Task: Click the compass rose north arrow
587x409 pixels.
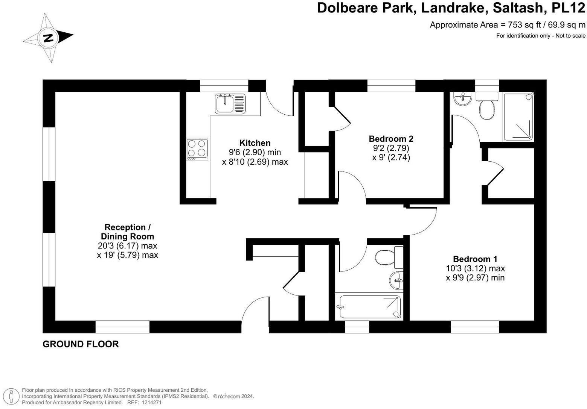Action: pyautogui.click(x=48, y=38)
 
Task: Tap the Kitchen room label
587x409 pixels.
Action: pyautogui.click(x=255, y=143)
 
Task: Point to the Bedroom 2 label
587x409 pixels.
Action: pyautogui.click(x=391, y=138)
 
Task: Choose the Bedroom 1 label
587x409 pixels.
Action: pyautogui.click(x=475, y=259)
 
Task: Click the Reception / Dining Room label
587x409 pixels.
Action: pyautogui.click(x=127, y=232)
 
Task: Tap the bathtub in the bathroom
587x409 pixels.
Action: pyautogui.click(x=370, y=306)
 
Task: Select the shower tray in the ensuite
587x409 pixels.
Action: pyautogui.click(x=518, y=117)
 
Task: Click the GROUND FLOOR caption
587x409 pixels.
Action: pyautogui.click(x=81, y=344)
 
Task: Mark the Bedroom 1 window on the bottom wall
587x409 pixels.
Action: pyautogui.click(x=474, y=327)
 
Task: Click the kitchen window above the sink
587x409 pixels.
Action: pyautogui.click(x=224, y=86)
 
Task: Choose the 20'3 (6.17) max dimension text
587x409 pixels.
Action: pyautogui.click(x=127, y=246)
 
